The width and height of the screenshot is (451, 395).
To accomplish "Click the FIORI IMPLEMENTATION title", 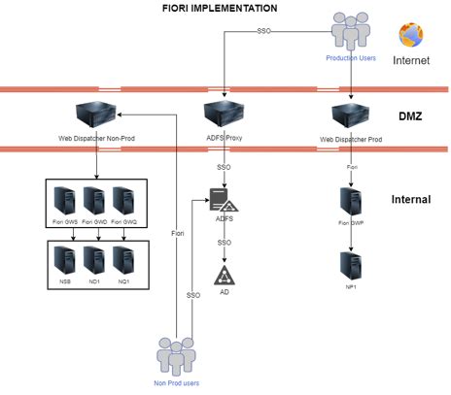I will [219, 8].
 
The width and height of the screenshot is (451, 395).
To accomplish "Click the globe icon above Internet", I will [412, 34].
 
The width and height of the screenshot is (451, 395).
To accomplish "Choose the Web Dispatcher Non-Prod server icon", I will [95, 115].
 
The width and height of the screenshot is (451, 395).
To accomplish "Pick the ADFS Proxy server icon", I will [225, 115].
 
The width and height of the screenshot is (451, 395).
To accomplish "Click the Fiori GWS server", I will [66, 201].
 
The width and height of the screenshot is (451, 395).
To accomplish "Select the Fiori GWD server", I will [94, 201].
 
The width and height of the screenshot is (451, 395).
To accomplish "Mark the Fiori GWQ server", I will [122, 201].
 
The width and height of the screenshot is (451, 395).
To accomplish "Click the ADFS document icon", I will [225, 205].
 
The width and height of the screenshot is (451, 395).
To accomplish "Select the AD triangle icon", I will [225, 273].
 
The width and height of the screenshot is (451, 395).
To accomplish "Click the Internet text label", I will [410, 60].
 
